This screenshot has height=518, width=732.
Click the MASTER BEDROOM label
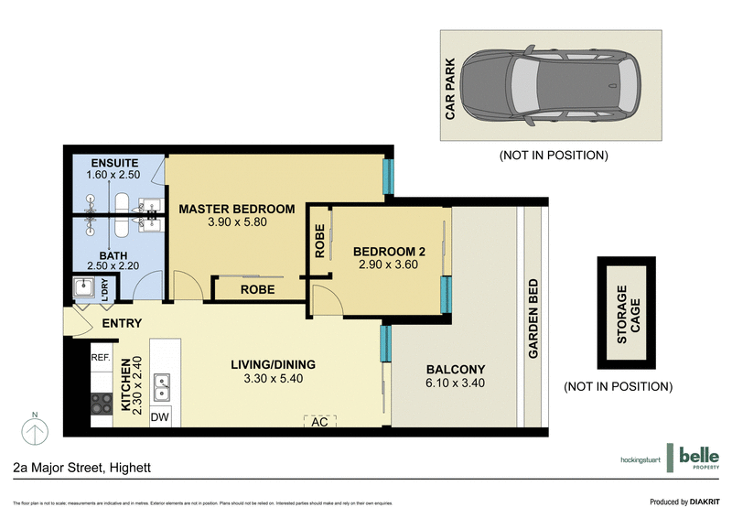tap(236, 209)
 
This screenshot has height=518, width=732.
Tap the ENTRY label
tap(122, 323)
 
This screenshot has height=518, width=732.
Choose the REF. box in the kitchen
tap(101, 358)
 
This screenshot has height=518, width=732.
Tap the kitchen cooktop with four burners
tap(101, 403)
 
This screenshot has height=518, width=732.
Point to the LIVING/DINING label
tap(273, 365)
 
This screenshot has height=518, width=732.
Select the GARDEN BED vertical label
tap(533, 318)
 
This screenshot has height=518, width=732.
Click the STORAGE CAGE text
tap(622, 314)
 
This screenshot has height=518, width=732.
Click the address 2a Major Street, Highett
tap(81, 468)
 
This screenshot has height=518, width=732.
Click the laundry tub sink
tap(86, 288)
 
